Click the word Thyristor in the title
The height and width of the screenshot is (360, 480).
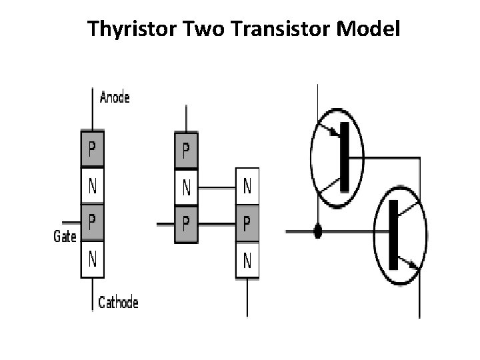coord(127,29)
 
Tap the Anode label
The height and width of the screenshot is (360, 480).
coord(115,97)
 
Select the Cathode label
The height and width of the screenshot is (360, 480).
coord(118,303)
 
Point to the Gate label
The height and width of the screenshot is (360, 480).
coord(65,235)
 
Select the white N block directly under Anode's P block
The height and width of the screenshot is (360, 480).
coord(92,186)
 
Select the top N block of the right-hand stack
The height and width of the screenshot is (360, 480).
coord(247,187)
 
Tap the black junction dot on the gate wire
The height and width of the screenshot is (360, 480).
coord(318,231)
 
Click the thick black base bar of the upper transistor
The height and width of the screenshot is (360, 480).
coord(344,156)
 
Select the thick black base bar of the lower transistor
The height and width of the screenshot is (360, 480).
coord(393,233)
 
